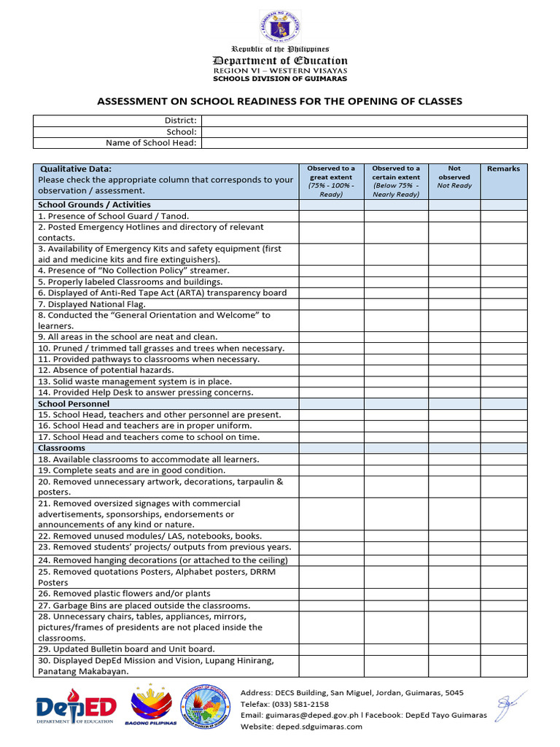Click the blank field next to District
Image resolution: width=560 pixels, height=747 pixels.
[x=364, y=120]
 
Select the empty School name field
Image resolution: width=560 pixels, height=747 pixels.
[x=364, y=131]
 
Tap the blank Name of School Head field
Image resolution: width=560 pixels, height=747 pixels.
[x=364, y=143]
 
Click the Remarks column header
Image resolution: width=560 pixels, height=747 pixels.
[x=503, y=169]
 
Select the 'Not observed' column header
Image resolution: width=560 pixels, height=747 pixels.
[x=454, y=177]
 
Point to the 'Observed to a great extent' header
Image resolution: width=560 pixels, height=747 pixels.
[x=331, y=181]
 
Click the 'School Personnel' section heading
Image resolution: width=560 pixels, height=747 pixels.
[x=74, y=403]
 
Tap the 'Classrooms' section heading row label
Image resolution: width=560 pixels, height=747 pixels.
[x=62, y=448]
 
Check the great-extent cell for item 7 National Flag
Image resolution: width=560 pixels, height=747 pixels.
[x=331, y=304]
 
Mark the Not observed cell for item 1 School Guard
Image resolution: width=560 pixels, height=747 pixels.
[x=454, y=216]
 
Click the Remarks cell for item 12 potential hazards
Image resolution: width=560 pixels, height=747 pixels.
[x=503, y=371]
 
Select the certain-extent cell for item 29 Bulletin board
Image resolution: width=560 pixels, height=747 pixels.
[x=396, y=649]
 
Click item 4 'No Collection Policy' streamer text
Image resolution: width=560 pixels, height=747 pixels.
[x=133, y=271]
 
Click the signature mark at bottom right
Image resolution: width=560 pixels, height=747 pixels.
[x=505, y=705]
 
